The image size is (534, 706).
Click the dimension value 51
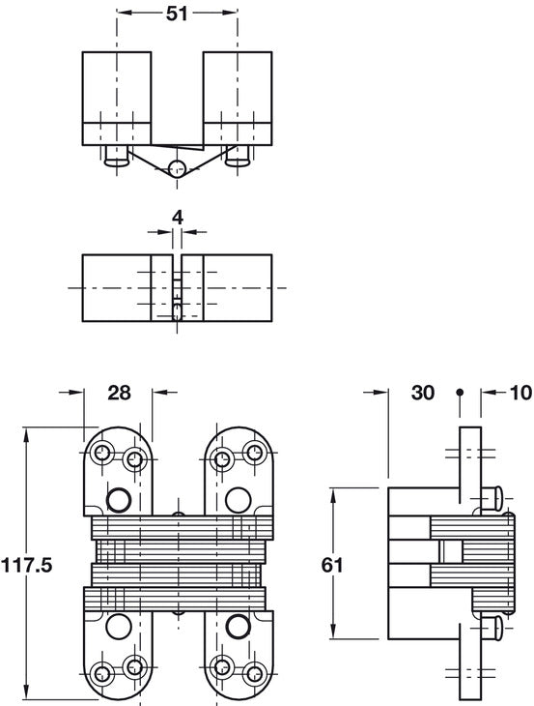point(177,14)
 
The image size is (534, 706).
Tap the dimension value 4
point(178,218)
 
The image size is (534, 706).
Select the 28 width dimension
point(119,393)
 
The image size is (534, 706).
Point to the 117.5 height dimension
point(27,565)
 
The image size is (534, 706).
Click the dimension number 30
point(423,393)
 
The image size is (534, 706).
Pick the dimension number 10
point(521,393)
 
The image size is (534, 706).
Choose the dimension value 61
point(332,565)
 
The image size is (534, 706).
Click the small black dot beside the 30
point(460,392)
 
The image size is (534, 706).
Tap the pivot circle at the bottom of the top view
point(177,168)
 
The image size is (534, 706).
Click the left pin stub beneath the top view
point(117,156)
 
